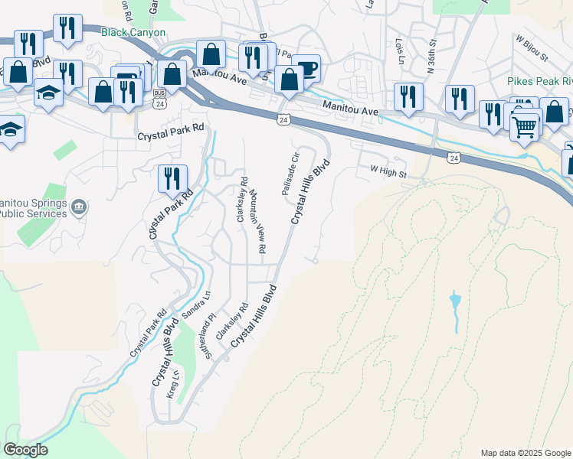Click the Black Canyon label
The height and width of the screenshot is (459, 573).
click(x=133, y=33)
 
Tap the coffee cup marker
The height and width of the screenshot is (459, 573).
click(x=306, y=69)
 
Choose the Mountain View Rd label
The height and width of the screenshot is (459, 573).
click(x=257, y=223)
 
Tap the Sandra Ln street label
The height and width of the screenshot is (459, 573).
click(x=195, y=304)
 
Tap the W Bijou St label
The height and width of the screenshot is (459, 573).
click(x=532, y=47)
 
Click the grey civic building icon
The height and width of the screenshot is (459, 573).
click(x=78, y=207)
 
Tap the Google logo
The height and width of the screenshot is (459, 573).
click(x=25, y=450)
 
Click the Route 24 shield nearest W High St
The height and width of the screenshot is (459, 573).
click(x=456, y=156)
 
